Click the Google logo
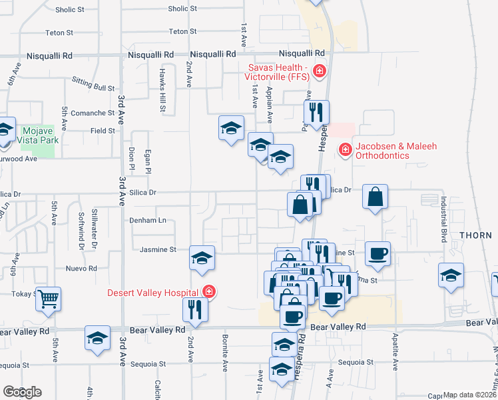click(x=22, y=392)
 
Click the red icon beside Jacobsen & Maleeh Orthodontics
click(x=345, y=149)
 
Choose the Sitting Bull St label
click(x=93, y=87)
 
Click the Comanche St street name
click(x=93, y=113)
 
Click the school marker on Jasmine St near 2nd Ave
click(x=202, y=257)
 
